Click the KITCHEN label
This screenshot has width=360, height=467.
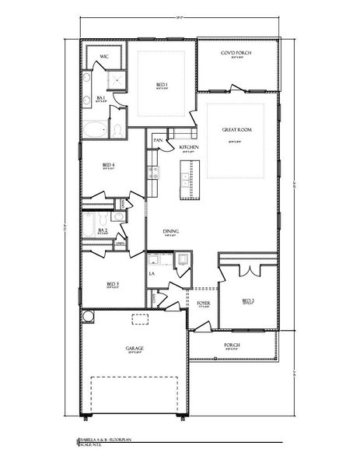(189, 146)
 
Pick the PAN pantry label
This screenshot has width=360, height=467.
(157, 140)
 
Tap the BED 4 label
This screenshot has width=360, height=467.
(109, 164)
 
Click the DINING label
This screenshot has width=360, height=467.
(173, 230)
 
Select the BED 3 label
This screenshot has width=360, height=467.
(113, 284)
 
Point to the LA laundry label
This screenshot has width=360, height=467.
(152, 274)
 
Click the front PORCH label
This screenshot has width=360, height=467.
(231, 344)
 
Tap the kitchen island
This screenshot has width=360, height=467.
(187, 181)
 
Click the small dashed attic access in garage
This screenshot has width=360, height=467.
(140, 318)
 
